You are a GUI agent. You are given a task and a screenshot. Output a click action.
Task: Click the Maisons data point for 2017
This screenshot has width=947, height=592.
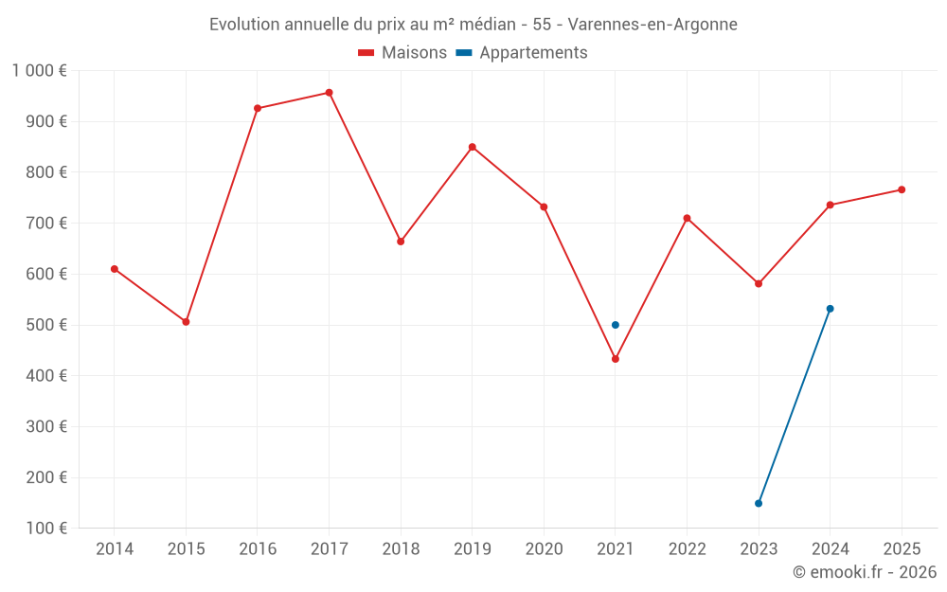click(329, 93)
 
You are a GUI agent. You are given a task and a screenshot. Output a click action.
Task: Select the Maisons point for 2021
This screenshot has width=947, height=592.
click(616, 359)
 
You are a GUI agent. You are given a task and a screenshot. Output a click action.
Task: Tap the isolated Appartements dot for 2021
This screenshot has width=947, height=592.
click(616, 325)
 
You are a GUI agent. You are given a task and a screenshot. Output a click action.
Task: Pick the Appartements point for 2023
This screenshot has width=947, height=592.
click(759, 503)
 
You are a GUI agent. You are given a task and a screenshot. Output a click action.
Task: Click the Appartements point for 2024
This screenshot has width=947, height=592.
click(831, 309)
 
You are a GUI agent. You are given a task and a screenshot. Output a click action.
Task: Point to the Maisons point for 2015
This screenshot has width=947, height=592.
click(186, 322)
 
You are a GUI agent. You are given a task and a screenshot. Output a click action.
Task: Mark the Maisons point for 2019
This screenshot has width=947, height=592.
click(473, 147)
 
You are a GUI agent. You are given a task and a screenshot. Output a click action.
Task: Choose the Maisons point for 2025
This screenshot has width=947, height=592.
click(902, 189)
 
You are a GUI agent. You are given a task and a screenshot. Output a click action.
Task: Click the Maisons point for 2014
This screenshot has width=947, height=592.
click(115, 269)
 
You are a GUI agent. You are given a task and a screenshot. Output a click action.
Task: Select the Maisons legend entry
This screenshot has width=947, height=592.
click(402, 53)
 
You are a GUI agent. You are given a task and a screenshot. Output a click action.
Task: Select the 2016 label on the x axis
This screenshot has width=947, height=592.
click(258, 548)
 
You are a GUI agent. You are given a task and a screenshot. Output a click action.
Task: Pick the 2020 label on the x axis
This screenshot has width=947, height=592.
click(544, 548)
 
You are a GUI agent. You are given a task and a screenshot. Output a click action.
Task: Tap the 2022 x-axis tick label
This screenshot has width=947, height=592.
click(687, 548)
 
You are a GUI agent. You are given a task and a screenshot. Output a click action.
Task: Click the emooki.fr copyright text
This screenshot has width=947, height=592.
click(865, 572)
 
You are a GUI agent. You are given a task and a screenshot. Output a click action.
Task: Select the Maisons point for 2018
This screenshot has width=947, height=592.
click(401, 242)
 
